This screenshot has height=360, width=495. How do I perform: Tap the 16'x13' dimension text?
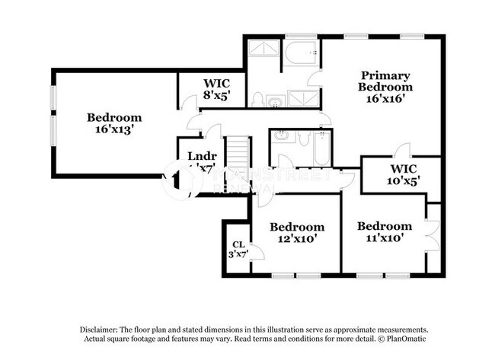click(113, 130)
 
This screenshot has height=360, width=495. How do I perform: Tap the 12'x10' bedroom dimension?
click(296, 239)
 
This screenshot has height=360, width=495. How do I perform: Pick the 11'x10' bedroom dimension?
click(385, 238)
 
